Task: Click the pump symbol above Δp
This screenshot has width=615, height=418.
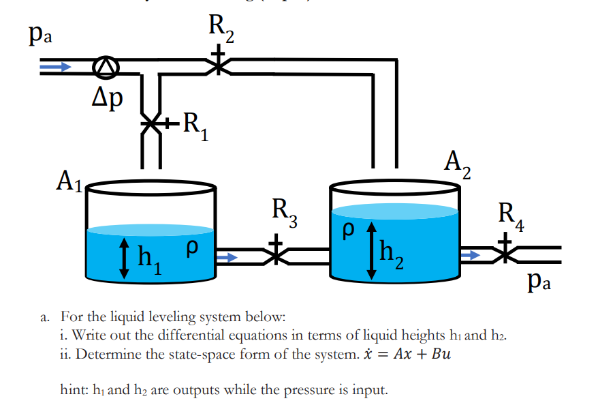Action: (106, 66)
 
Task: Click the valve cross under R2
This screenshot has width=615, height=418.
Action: (218, 65)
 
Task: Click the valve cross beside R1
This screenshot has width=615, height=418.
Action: (151, 125)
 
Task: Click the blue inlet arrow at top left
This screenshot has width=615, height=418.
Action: (55, 67)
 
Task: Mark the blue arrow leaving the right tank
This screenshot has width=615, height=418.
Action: (471, 255)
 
